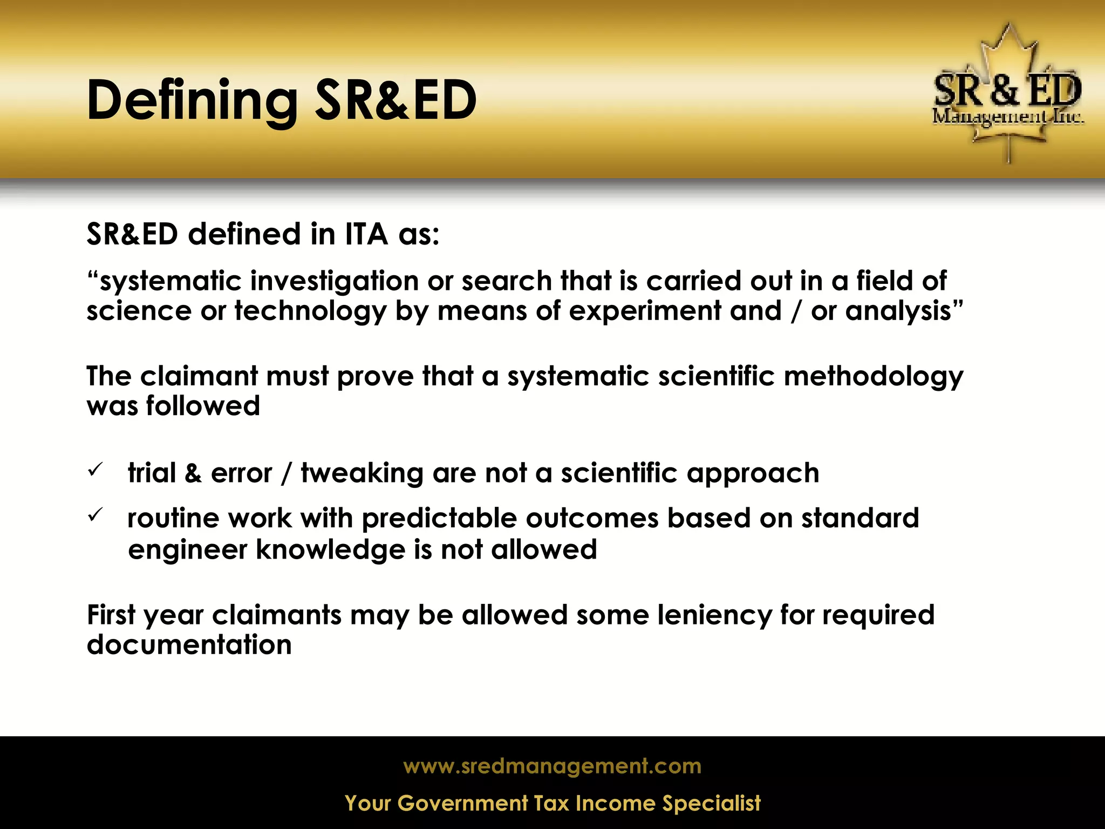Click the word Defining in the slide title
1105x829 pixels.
coord(192,100)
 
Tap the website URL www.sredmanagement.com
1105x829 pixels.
coord(552,766)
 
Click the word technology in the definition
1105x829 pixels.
coord(310,311)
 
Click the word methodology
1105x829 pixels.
coord(873,376)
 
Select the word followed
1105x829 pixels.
coord(203,406)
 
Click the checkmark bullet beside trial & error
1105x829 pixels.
coord(94,471)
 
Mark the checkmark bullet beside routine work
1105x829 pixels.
coord(94,516)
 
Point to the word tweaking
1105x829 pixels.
coord(362,473)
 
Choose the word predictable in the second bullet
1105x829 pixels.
coord(439,519)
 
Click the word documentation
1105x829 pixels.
coord(189,645)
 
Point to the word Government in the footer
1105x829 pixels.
coord(462,804)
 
